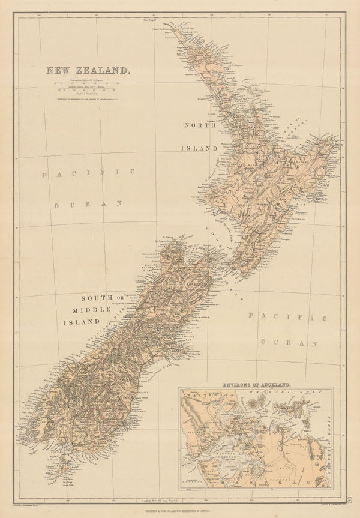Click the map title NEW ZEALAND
tap(88, 70)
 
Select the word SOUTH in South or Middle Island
tap(95, 298)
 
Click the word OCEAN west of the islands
tap(88, 205)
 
